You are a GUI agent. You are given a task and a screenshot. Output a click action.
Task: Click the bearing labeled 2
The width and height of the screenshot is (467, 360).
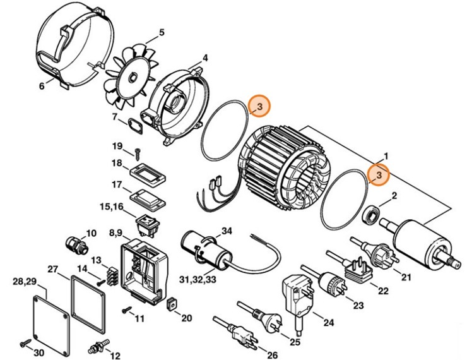pos(372,215)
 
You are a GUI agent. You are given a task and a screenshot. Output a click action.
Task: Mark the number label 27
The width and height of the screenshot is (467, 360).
pos(52,268)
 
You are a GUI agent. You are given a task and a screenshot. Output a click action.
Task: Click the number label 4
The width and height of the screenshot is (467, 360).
pos(205,58)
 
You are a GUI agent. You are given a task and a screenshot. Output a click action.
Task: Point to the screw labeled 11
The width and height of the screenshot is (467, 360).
pos(127,309)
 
